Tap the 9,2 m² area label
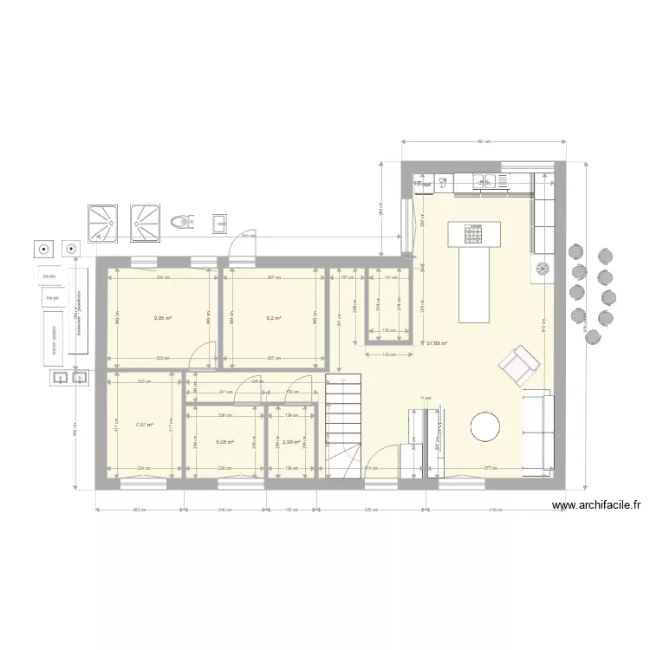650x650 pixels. point(273,318)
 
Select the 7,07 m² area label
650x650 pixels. point(144,425)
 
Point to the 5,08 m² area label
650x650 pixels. point(224,441)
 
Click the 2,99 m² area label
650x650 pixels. point(290,441)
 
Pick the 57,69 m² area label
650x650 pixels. point(437,343)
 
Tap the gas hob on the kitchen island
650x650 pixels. point(474,234)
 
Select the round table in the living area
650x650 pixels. point(487,426)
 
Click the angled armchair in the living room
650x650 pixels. point(518,364)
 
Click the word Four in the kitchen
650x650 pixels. point(424,183)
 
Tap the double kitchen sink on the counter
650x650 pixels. point(484,181)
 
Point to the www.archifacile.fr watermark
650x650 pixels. point(596,507)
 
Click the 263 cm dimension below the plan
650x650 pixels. point(139,510)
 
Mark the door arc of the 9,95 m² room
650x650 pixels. point(205,352)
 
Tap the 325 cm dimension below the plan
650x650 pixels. point(371,510)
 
